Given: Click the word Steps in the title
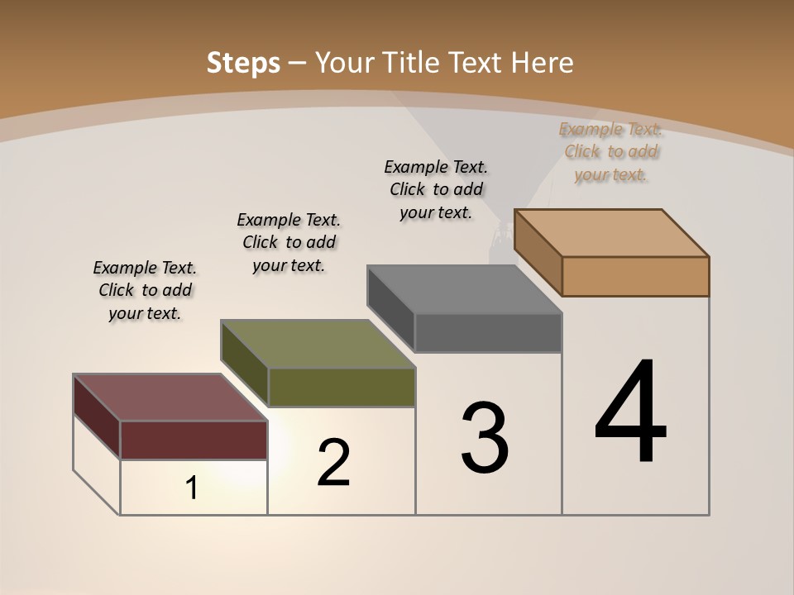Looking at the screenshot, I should click(x=243, y=64).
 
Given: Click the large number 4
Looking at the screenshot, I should click(x=630, y=413).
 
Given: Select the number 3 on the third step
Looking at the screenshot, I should click(x=484, y=438).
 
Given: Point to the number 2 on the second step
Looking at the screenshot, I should click(x=333, y=463).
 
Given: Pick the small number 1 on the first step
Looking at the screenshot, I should click(x=192, y=488).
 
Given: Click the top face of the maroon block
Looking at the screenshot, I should click(x=170, y=397).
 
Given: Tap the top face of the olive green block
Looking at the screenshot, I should click(x=318, y=344).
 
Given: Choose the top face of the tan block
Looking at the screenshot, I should click(x=612, y=233).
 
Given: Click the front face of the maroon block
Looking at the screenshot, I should click(x=194, y=440).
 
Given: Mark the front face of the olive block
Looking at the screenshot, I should click(x=342, y=387).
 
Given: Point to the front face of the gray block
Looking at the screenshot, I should click(x=488, y=332).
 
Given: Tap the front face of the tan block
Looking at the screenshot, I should click(x=635, y=276).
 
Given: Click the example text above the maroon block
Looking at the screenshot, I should click(x=145, y=290).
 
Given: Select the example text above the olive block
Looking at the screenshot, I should click(x=289, y=242).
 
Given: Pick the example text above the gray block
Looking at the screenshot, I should click(x=436, y=189).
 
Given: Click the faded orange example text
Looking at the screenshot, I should click(x=611, y=151).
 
